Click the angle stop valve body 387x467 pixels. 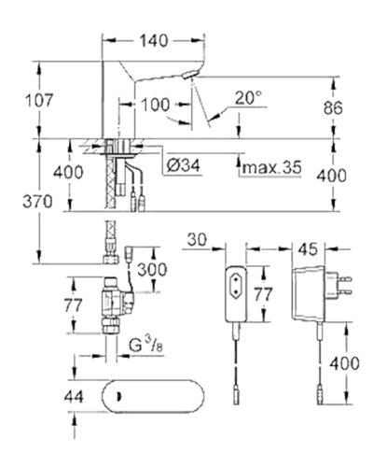(x=108, y=304)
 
